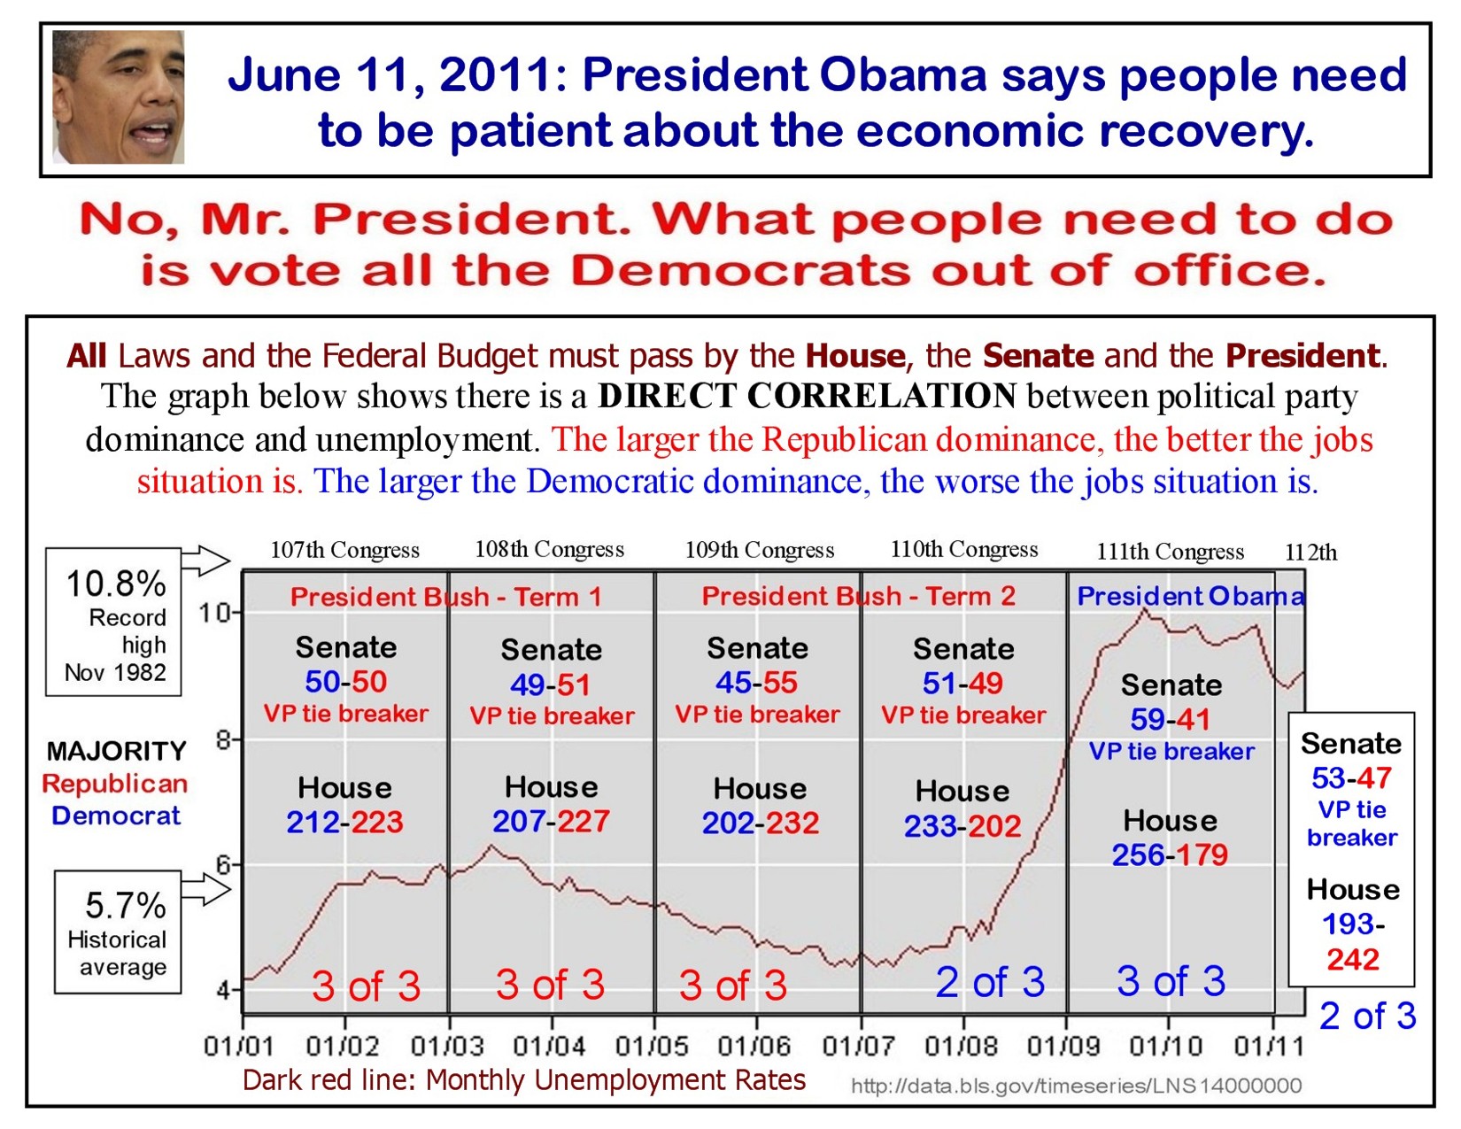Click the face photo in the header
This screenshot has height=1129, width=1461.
119,97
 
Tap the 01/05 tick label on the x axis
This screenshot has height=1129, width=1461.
652,1046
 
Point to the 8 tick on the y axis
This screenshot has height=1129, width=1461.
223,738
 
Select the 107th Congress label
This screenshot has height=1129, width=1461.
344,550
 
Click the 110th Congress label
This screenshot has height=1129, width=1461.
963,549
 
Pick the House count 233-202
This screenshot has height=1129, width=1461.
962,826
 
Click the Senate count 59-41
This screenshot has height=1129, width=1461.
1170,719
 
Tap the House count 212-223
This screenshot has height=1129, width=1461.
344,823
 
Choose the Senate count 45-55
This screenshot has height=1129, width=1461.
756,683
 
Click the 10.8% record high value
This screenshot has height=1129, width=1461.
116,584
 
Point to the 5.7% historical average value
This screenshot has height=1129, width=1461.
125,905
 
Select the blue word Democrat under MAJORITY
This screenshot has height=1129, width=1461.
116,816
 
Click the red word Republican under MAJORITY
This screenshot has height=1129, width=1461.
115,784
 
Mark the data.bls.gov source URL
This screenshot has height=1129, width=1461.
1076,1086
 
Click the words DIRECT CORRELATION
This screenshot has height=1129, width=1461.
807,396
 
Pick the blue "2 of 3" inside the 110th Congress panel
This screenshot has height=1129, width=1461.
990,982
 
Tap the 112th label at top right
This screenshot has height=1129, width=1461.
1310,553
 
